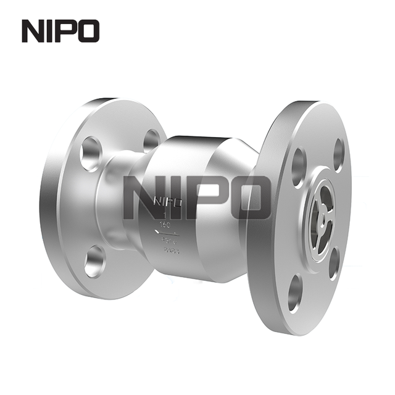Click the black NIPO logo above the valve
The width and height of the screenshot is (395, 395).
[x=60, y=31]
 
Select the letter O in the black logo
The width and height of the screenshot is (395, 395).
[x=88, y=31]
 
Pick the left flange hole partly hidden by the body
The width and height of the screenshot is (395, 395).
[x=151, y=140]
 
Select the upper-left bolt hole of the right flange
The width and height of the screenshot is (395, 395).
[x=299, y=166]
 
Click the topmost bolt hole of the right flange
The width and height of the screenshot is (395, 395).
[x=338, y=154]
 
